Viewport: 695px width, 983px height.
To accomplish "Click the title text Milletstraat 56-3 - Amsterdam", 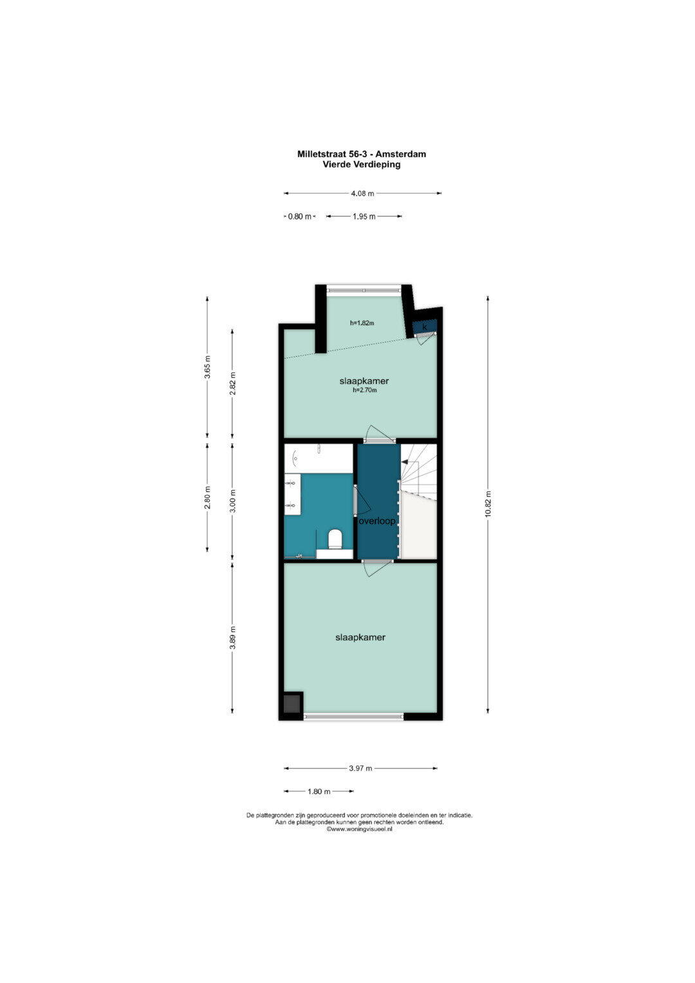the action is point(362,154).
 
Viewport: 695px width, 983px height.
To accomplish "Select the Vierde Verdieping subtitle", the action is point(362,165).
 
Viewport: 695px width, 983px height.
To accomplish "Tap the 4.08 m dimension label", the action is point(362,193).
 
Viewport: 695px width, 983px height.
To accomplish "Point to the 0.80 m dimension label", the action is point(299,216).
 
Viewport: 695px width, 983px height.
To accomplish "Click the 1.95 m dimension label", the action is point(364,216).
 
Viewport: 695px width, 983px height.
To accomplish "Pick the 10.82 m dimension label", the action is point(488,504).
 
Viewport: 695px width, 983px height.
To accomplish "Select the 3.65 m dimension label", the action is point(207,366).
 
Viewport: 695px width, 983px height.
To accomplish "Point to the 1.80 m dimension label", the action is point(319,792).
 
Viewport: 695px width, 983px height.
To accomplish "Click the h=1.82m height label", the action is point(362,323).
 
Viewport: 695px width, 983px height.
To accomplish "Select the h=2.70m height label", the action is point(365,389).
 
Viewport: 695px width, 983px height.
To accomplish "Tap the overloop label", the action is point(377,521).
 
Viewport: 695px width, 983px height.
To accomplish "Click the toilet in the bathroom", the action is point(335,539).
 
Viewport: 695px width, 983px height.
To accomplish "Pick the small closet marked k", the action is point(424,327).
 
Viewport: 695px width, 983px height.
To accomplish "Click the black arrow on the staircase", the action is point(405,462).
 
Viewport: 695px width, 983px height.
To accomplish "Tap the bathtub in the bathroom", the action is point(319,458).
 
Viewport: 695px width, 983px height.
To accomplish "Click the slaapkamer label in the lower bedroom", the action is point(360,637).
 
